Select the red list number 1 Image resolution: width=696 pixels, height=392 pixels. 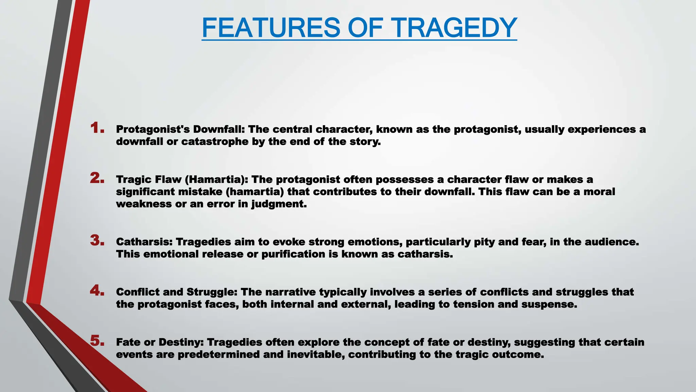tap(97, 128)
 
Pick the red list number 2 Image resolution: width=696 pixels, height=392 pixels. tap(97, 178)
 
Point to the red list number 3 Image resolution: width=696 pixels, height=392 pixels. tap(97, 241)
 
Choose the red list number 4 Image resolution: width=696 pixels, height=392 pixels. tap(97, 291)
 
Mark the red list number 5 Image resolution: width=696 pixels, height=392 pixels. tap(97, 341)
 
